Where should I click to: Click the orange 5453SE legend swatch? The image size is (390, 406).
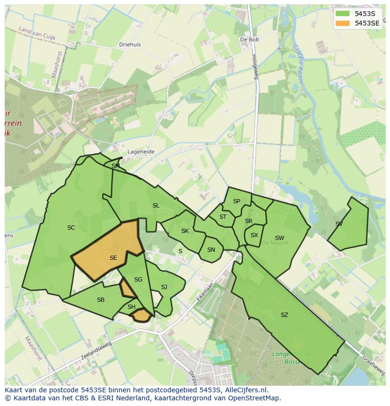pos(343,23)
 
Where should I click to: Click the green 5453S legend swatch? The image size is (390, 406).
pos(343,14)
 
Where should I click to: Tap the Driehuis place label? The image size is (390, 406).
pos(130,45)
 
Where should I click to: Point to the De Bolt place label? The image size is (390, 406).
pos(250,40)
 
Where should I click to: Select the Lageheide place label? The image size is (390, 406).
pos(141,152)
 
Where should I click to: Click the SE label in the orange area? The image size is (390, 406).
pos(113,258)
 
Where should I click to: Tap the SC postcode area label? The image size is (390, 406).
pos(71,228)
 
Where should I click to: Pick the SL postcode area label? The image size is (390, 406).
pos(156,206)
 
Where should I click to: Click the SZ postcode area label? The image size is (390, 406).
pos(284,315)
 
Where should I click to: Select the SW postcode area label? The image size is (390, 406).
pos(280,238)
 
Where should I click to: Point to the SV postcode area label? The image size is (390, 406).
pos(339,224)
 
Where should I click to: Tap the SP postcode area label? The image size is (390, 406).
pos(236,201)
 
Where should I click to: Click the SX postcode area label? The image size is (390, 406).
pos(254,235)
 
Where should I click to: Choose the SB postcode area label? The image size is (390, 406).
pos(101,300)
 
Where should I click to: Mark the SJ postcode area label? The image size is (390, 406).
pos(164,287)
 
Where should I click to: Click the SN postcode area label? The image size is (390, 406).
pos(211,250)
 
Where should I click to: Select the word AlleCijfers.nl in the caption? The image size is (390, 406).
pos(245,390)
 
